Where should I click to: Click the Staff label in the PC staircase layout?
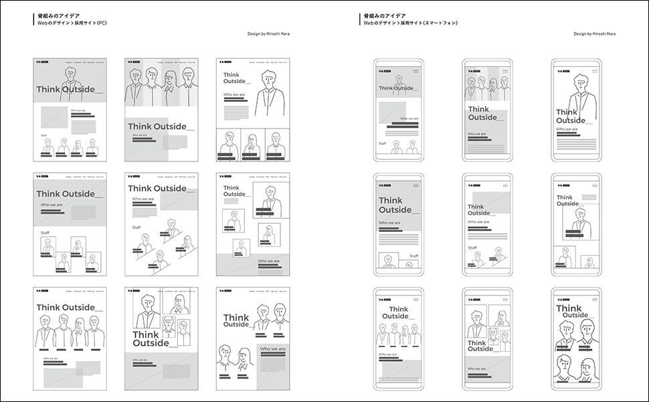[x=136, y=227]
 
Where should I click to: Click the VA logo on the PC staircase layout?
[x=130, y=177]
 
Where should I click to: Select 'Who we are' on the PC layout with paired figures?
[x=272, y=349]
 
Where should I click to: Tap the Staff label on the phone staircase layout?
[x=472, y=247]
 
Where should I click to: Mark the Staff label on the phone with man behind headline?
[x=383, y=143]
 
